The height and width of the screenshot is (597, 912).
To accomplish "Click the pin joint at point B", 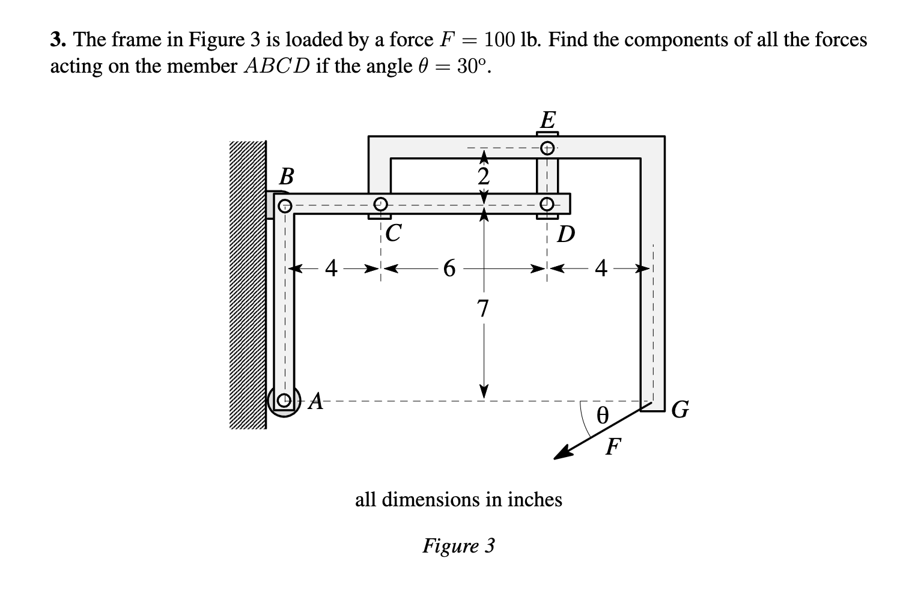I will (x=285, y=205).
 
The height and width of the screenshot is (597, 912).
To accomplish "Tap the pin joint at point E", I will (x=547, y=147).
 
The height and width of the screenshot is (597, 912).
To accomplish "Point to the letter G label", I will (x=680, y=411).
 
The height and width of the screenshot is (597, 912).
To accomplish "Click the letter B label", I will (x=287, y=177).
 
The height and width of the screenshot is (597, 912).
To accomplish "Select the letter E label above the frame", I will (x=547, y=119).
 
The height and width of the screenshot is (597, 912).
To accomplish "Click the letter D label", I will (x=565, y=234).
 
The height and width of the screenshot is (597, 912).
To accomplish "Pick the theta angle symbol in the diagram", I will (x=601, y=415).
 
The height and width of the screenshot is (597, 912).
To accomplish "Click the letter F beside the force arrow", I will (x=612, y=447).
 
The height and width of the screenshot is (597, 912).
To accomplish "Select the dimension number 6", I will (x=448, y=268).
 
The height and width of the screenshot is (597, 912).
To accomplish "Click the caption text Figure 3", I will (x=458, y=545).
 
